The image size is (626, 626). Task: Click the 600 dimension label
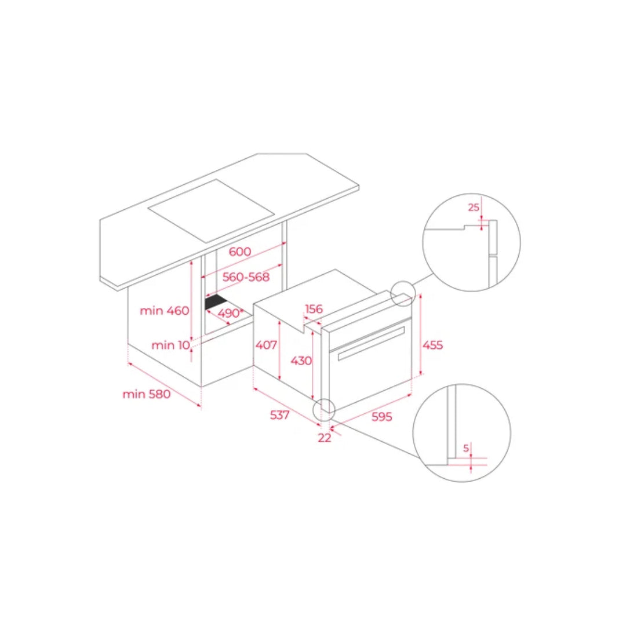coord(240,252)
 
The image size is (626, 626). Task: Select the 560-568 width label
coord(246,276)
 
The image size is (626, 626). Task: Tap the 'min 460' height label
coord(165,310)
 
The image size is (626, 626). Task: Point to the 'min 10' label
coord(170,345)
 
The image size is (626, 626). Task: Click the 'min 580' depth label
coord(147,394)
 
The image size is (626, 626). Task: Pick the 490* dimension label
coord(230,313)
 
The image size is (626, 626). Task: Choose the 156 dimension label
coord(314,308)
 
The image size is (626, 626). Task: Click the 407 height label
coord(266,344)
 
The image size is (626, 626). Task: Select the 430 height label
coord(301,361)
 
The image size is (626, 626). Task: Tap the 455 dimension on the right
coord(433,345)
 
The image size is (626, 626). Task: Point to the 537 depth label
coord(279,415)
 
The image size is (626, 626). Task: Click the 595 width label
coord(381,416)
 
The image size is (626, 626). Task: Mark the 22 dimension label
coord(325,438)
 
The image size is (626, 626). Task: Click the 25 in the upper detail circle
coord(474,207)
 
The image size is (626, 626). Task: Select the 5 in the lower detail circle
coord(466,448)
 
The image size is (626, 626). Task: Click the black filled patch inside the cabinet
coord(216,302)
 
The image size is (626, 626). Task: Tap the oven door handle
coord(372,343)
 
